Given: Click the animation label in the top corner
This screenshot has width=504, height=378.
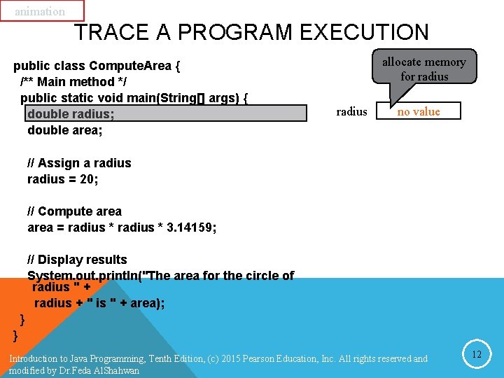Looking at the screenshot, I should coord(40,11).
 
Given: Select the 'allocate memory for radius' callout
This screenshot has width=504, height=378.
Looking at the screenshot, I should coord(423,69).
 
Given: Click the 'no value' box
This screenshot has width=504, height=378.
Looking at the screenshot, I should coord(419,111).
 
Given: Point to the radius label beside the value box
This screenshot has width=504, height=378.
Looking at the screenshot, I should coord(351,111).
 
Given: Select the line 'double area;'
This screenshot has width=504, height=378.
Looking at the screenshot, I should coord(65,130).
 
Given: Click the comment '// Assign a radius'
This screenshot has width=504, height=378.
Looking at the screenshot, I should coord(79,163).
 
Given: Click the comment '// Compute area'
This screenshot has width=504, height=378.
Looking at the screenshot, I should coord(74,211).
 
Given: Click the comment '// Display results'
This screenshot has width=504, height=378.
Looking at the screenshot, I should coord(77,260).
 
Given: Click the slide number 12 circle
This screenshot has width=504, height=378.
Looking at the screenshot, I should coord(477,354).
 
